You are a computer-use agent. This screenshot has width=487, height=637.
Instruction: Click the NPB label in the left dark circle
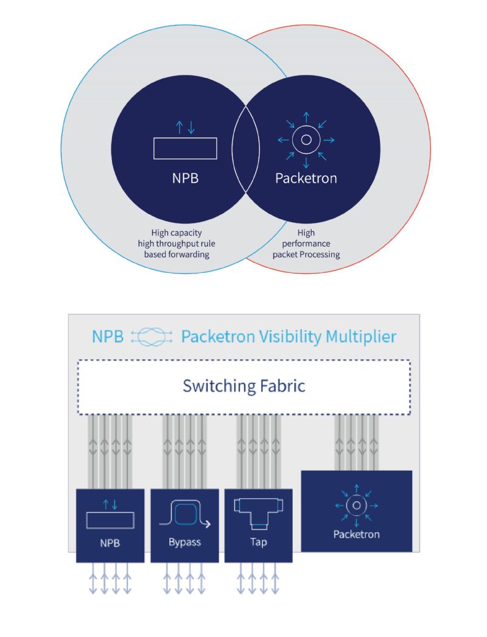click(x=185, y=178)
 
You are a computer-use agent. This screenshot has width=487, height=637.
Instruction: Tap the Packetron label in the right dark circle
click(x=306, y=178)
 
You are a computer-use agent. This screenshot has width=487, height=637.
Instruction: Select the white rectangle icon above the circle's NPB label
click(x=185, y=148)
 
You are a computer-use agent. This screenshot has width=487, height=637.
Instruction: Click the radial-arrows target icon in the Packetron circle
click(x=306, y=140)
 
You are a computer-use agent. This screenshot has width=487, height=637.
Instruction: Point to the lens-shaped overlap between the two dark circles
click(x=245, y=148)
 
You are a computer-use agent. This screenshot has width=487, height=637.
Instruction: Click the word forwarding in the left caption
click(x=191, y=255)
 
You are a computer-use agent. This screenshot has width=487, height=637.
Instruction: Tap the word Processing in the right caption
click(x=320, y=255)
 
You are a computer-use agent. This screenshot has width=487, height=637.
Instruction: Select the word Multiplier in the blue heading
click(x=360, y=336)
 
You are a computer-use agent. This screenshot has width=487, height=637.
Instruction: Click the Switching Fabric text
click(x=243, y=385)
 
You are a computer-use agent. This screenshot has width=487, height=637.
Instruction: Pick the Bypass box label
click(x=185, y=543)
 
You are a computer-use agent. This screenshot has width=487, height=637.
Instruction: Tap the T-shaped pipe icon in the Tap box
click(x=259, y=513)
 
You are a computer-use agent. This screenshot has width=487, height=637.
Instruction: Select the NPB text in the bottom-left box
click(x=110, y=543)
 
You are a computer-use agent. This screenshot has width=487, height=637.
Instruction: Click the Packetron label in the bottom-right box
click(x=357, y=534)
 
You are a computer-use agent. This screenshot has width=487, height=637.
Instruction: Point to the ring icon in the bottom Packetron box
click(x=357, y=506)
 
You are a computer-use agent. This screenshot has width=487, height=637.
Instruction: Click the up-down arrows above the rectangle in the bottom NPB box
click(x=110, y=505)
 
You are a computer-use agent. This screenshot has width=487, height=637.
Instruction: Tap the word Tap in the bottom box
click(x=259, y=543)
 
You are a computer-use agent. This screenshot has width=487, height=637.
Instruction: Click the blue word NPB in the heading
click(x=108, y=337)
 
